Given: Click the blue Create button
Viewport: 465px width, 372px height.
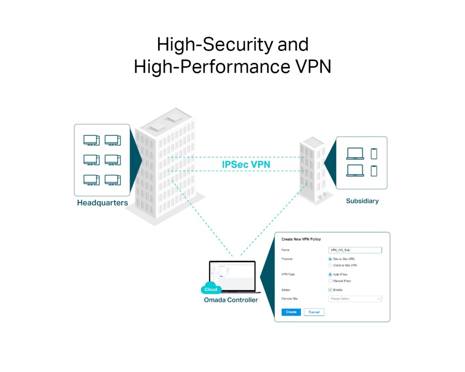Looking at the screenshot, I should coord(291,312).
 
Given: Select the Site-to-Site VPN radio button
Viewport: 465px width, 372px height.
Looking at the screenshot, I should coord(330,259).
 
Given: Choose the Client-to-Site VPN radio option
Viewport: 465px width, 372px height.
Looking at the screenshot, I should coord(330,266).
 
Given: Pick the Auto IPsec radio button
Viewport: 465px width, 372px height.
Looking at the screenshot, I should coord(330,274).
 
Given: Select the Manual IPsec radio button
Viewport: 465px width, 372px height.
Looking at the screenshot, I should coord(330,281).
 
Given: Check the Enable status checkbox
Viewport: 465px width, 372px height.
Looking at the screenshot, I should coord(330,290).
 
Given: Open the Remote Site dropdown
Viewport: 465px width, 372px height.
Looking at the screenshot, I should coord(355,299).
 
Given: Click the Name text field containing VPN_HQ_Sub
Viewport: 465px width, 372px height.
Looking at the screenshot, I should coord(355,250).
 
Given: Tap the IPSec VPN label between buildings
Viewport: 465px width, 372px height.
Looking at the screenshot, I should coord(246,165).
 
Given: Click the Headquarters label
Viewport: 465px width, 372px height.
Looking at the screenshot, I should coord(102,203).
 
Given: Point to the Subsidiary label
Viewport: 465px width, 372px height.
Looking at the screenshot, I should coord(362,201).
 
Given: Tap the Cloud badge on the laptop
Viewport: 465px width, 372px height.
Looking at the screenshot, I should coord(211,289).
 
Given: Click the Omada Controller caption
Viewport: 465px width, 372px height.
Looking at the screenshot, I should coord(231,300).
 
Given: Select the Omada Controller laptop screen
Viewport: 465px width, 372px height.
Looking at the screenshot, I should coord(232,275).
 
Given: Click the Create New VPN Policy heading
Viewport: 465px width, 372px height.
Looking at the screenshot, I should coord(301,239).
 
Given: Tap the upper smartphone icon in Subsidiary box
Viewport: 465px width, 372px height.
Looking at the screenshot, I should coord(374,154).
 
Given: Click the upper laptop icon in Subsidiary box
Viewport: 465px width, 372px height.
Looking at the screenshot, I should coord(355,154).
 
